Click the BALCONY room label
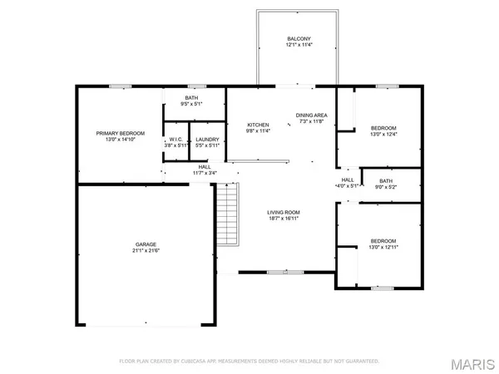click(x=299, y=38)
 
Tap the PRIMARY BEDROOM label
click(x=121, y=133)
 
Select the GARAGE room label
click(x=146, y=244)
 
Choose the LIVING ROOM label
click(x=284, y=212)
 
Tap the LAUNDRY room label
click(x=207, y=139)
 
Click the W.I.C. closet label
click(x=176, y=139)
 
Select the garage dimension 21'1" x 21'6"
click(x=146, y=251)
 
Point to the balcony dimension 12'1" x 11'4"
click(x=299, y=45)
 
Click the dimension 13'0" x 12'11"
click(x=384, y=247)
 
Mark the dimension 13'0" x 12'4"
click(x=384, y=135)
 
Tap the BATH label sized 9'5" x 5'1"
click(x=192, y=98)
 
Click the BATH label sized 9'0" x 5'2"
click(x=386, y=180)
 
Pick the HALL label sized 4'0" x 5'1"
click(x=348, y=180)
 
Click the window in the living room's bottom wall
click(x=279, y=272)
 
